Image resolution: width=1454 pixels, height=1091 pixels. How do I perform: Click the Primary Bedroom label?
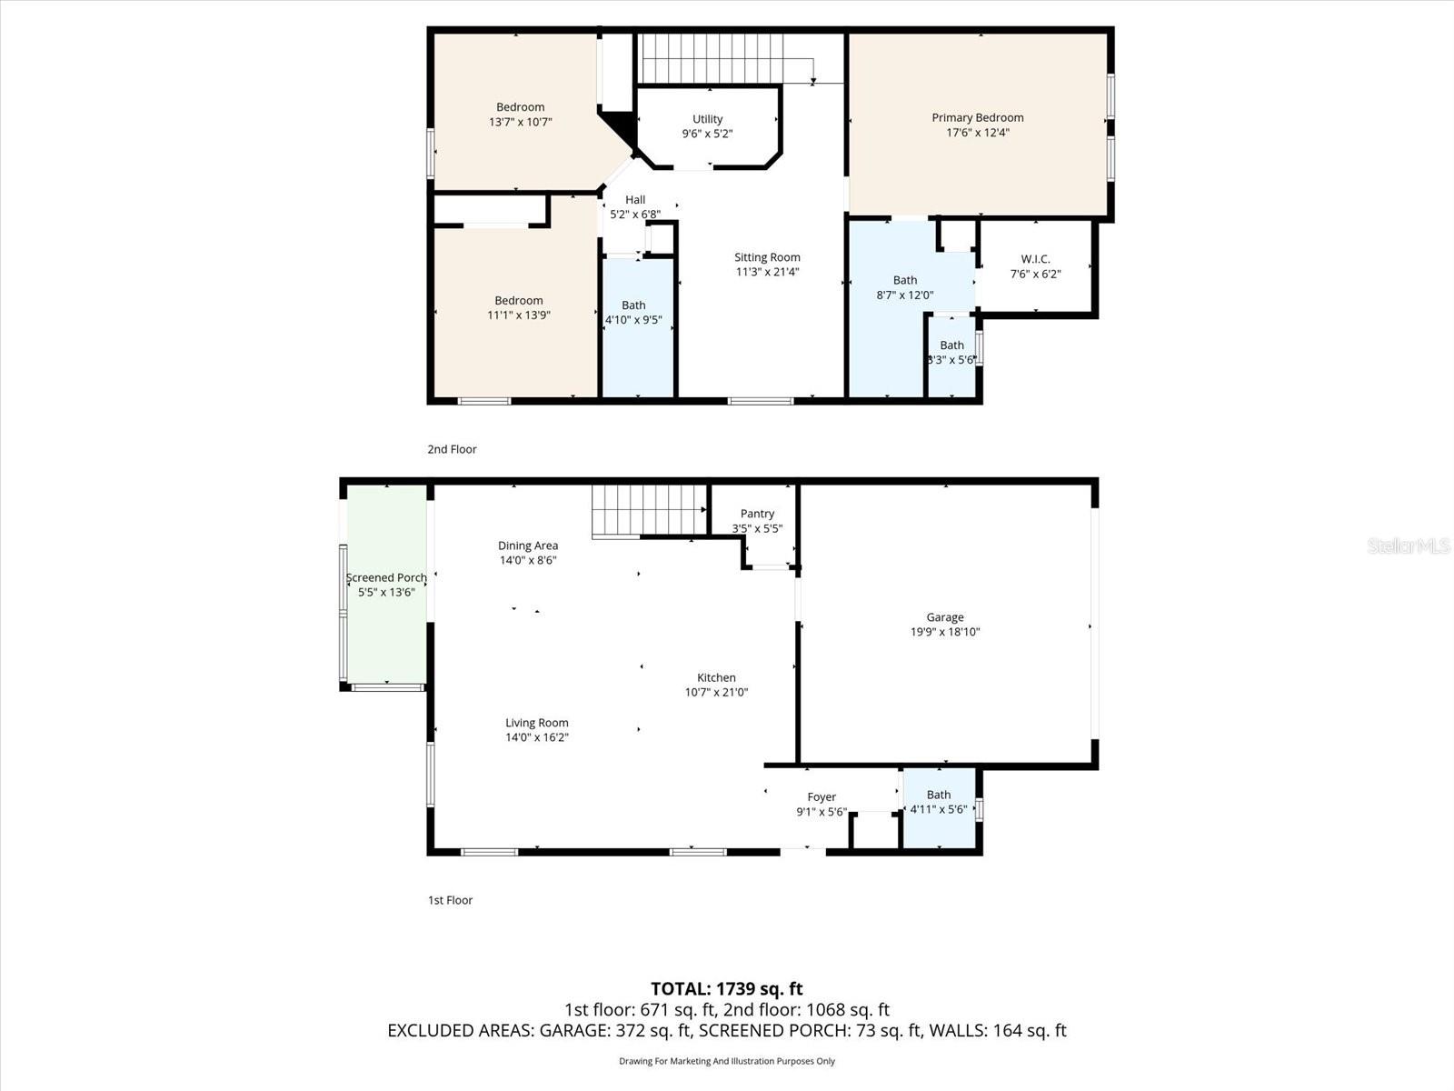click(977, 117)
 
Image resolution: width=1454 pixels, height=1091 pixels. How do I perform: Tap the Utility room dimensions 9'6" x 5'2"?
click(707, 134)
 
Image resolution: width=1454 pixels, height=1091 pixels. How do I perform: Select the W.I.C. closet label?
click(1035, 259)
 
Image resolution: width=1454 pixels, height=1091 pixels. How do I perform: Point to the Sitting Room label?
click(767, 257)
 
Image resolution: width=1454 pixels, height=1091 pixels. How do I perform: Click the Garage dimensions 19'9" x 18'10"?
click(945, 632)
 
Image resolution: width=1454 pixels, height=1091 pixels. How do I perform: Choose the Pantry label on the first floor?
click(757, 514)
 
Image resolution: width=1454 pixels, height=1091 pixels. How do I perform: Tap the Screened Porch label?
click(386, 577)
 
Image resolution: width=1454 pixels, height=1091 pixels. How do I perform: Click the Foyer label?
click(822, 797)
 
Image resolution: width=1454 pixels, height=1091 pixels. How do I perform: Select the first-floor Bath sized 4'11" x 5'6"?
click(939, 802)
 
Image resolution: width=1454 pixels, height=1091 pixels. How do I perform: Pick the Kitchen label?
click(716, 677)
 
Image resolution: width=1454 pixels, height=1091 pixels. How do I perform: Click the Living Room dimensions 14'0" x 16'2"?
click(536, 737)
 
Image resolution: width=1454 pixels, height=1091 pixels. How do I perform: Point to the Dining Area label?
click(527, 545)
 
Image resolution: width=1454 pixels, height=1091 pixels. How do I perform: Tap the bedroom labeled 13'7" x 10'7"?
click(521, 114)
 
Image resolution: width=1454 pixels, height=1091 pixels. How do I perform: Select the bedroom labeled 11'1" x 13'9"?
click(519, 307)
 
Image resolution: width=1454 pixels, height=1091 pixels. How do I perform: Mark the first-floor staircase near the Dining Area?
click(649, 510)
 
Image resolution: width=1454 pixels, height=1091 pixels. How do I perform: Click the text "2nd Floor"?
click(452, 449)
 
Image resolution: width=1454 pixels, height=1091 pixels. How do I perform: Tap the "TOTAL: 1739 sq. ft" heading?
click(726, 988)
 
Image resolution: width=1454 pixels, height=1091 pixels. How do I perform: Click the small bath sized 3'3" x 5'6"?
click(951, 352)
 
